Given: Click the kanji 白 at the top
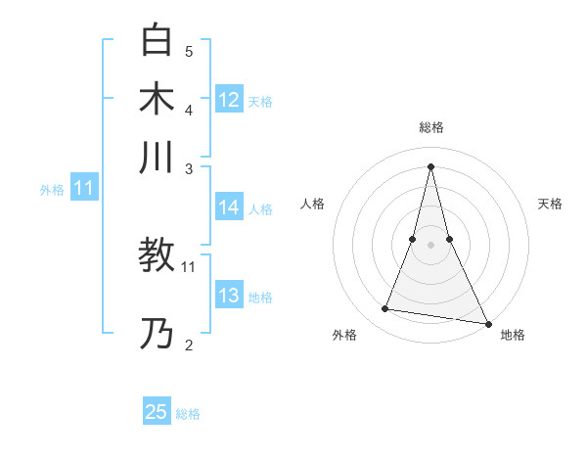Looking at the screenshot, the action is (x=157, y=41).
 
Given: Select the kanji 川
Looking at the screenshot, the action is (x=157, y=157).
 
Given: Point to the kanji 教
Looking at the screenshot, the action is (x=157, y=256).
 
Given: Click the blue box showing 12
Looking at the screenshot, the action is (x=229, y=100).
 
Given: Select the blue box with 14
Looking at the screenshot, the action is (x=229, y=207).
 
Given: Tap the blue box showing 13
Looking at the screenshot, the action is (x=229, y=297).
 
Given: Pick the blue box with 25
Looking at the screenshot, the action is (x=157, y=412).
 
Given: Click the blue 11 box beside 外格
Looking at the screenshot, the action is (x=83, y=189).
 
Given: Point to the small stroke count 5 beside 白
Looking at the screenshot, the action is (x=189, y=51).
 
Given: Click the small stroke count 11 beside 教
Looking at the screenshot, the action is (x=189, y=266).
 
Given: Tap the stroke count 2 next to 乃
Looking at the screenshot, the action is (x=189, y=345).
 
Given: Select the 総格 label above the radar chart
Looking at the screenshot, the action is (x=430, y=127).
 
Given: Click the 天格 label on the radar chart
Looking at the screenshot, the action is (x=550, y=204).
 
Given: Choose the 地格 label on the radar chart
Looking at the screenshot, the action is (x=513, y=336).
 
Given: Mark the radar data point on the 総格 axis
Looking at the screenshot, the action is (x=430, y=166).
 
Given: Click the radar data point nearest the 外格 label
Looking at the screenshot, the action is (x=385, y=309).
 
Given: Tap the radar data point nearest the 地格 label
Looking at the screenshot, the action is (x=487, y=321).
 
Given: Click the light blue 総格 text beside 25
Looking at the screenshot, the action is (x=188, y=414).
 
